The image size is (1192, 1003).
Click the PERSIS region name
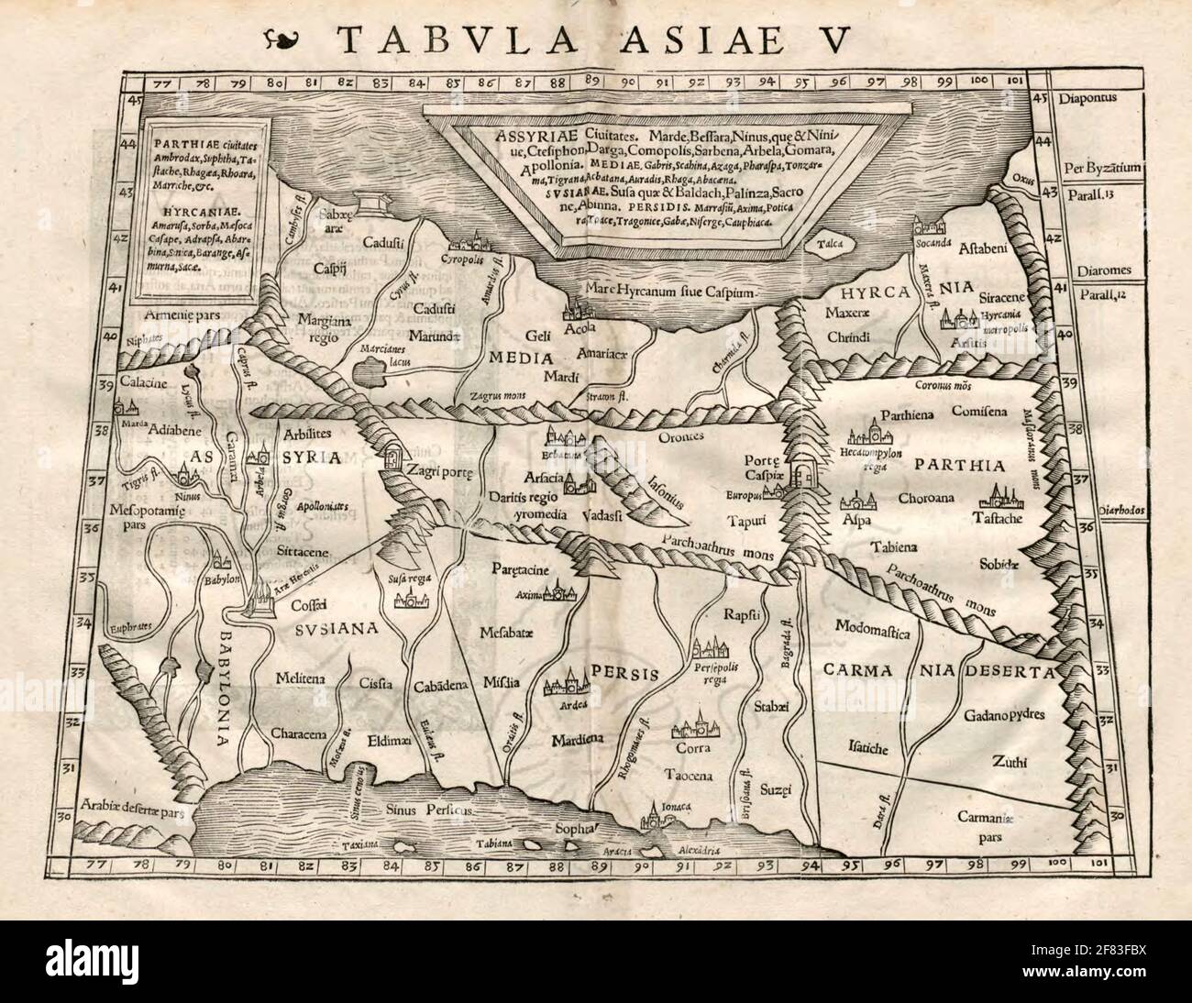pyautogui.click(x=625, y=673)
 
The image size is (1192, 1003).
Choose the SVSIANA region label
pyautogui.click(x=337, y=629)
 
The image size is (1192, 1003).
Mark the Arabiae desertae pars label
pyautogui.click(x=136, y=806)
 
